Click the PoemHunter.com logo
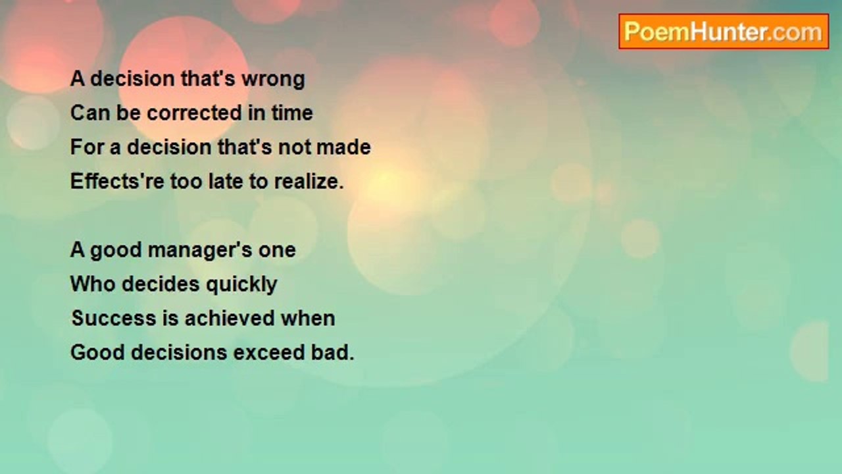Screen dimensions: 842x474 pos(724,32)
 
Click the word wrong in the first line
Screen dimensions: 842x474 pos(273,80)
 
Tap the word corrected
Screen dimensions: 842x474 pos(194,113)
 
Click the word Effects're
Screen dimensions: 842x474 pos(117,181)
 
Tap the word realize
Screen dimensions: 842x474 pos(309,181)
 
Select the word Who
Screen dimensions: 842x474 pos(93,284)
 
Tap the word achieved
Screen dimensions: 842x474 pos(230,318)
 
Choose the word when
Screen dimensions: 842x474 pos(308,318)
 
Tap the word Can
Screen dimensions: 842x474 pos(89,113)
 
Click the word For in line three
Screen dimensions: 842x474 pos(87,147)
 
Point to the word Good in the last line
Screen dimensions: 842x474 pos(97,352)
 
